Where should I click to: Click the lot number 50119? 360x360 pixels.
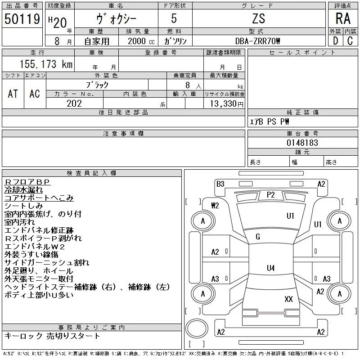[22, 19]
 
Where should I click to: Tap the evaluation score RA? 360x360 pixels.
[343, 18]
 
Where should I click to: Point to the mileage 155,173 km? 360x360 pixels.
[45, 64]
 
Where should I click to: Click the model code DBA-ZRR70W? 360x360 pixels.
[258, 41]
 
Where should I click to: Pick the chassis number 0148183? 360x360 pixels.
[302, 143]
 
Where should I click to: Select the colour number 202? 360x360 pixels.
[74, 103]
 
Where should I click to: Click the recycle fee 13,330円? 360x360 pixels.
[224, 104]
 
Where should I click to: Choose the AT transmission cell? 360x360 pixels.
[13, 94]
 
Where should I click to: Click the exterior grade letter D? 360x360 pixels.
[335, 40]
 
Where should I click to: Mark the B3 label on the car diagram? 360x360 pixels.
[220, 184]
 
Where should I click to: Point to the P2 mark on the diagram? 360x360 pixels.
[270, 194]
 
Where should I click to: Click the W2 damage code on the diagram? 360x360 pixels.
[215, 206]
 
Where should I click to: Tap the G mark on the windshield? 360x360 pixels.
[258, 237]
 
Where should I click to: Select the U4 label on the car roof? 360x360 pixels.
[270, 268]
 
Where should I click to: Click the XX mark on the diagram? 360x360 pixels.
[289, 299]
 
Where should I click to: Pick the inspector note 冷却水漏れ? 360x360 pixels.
[23, 190]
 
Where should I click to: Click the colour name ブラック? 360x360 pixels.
[97, 84]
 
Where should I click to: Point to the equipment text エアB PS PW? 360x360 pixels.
[270, 122]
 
